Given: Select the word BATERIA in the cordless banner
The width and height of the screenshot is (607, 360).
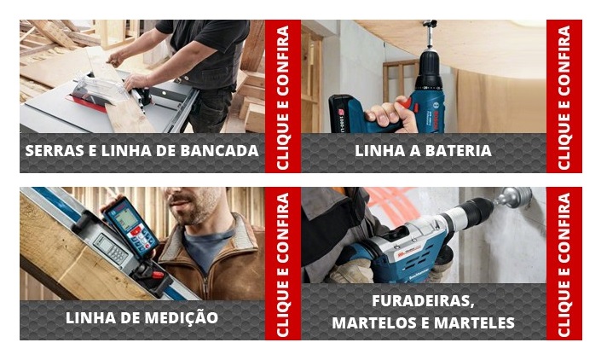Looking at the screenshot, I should click(x=460, y=151).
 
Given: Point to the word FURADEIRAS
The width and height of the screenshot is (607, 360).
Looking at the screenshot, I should click(x=422, y=302).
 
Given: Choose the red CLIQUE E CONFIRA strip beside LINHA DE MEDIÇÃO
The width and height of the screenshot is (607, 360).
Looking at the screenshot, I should click(x=282, y=263).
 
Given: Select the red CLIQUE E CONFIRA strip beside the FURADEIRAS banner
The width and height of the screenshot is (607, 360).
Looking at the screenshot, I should click(x=564, y=263).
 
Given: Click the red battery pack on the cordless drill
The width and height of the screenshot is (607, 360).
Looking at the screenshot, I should click(x=347, y=113).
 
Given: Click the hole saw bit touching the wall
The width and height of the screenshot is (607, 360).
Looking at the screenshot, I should click(x=514, y=200).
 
